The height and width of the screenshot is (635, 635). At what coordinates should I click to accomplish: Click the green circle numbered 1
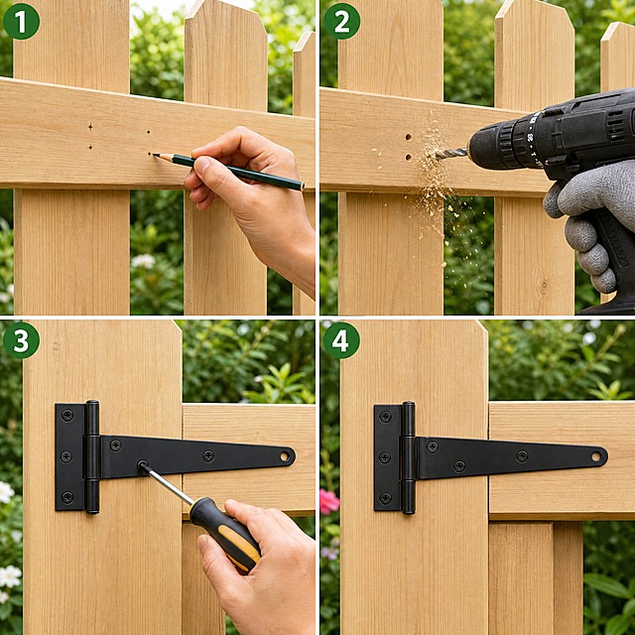click(x=21, y=21)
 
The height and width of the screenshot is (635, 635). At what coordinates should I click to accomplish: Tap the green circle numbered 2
click(x=341, y=21)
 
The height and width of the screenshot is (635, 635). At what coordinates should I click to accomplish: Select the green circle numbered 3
click(x=21, y=340)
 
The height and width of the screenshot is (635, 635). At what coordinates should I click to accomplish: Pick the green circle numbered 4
click(x=341, y=340)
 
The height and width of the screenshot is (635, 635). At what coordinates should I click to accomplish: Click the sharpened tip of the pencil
click(x=154, y=155)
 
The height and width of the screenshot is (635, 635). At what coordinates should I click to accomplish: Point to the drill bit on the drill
click(x=450, y=153)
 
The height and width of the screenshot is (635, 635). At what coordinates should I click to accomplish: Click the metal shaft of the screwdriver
click(x=166, y=484)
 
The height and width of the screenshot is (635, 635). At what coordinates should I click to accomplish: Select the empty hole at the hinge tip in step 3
click(x=285, y=456)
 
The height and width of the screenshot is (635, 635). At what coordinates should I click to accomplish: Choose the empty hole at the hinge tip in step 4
click(x=596, y=456)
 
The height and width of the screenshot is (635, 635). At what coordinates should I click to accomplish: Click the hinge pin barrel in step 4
click(x=408, y=457)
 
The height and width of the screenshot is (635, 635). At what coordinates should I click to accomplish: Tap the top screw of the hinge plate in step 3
click(x=67, y=415)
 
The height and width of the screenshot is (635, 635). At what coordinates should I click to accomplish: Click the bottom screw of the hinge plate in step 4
click(x=385, y=497)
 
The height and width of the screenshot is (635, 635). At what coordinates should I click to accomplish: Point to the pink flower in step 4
click(x=328, y=501)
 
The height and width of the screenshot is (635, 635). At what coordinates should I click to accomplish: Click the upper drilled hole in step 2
click(x=408, y=137)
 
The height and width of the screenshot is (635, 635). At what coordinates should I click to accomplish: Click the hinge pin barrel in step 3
click(x=92, y=456)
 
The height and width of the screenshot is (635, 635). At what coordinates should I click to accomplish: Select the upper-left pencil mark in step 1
click(x=90, y=127)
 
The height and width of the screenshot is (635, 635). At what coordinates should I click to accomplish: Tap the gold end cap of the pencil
click(x=302, y=187)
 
